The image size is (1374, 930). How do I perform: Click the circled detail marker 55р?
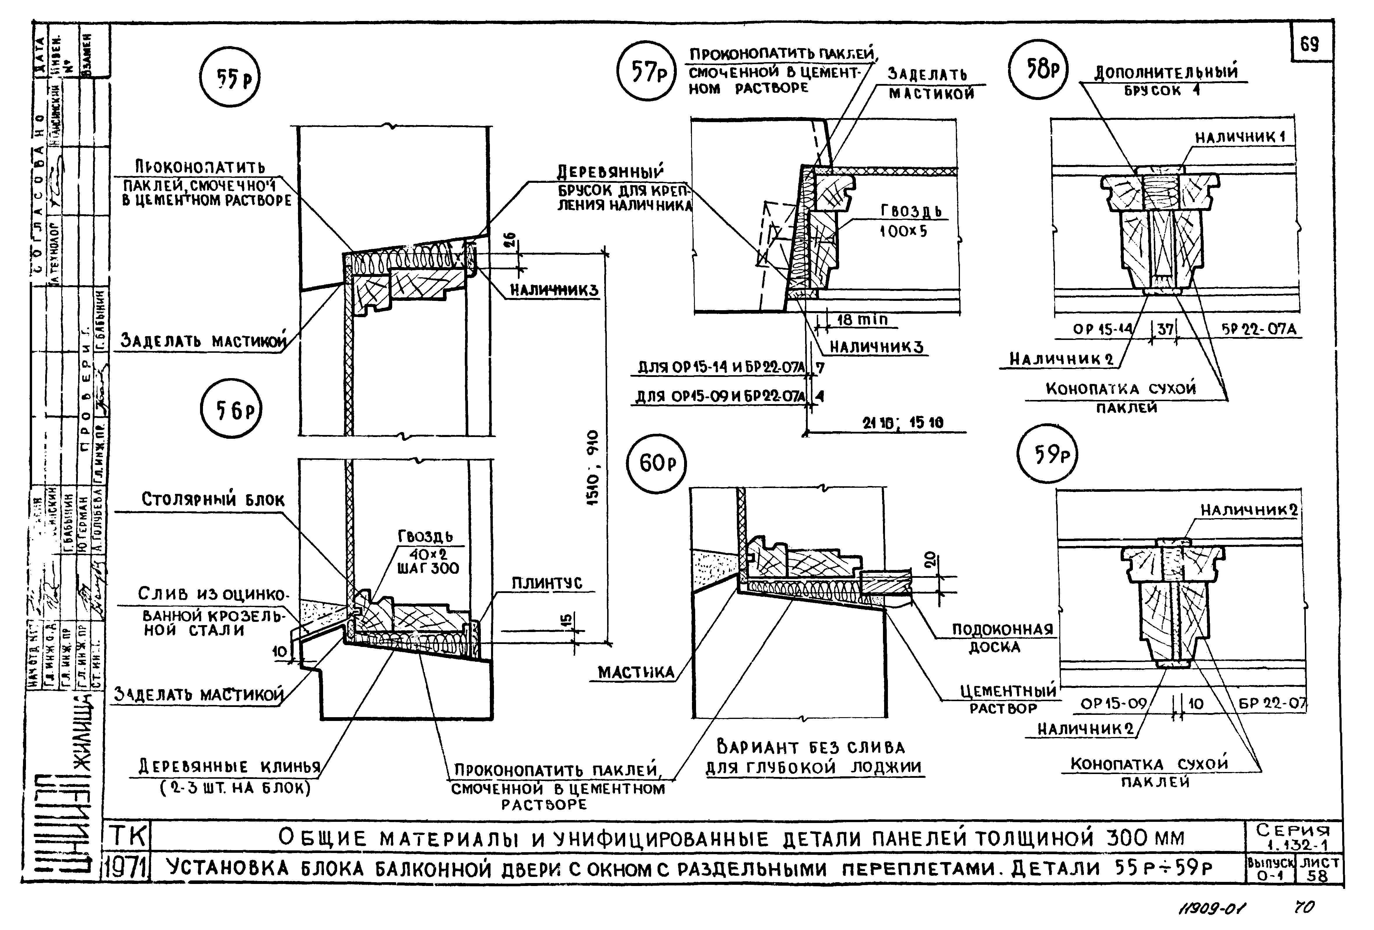pyautogui.click(x=229, y=79)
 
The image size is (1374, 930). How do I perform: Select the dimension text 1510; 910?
pyautogui.click(x=593, y=467)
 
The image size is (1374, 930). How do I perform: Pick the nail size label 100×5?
pyautogui.click(x=903, y=231)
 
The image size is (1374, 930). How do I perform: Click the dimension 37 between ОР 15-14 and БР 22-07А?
pyautogui.click(x=1165, y=329)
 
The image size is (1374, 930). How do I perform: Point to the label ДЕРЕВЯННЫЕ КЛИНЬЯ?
pyautogui.click(x=229, y=767)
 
